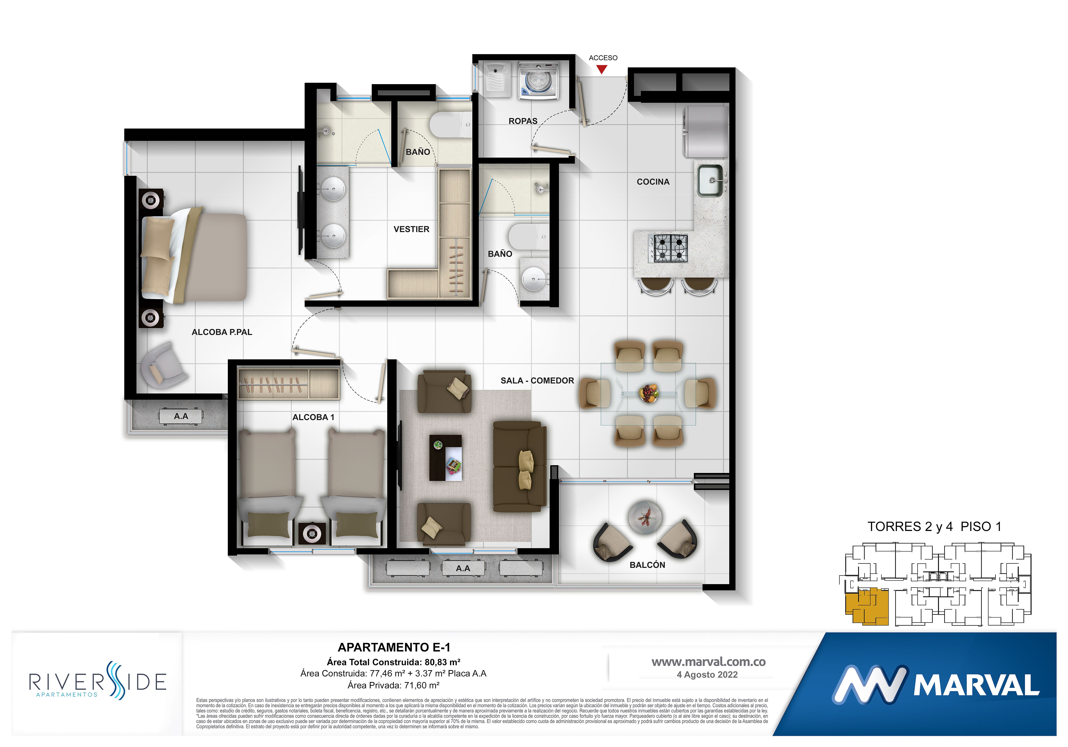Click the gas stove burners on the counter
(x=670, y=248)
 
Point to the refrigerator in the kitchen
(x=705, y=132)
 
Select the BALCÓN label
(x=647, y=565)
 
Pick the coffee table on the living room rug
(x=445, y=458)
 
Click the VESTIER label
(x=411, y=229)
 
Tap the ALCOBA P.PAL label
(x=222, y=332)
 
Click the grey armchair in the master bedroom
(x=163, y=365)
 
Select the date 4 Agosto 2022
(x=707, y=674)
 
